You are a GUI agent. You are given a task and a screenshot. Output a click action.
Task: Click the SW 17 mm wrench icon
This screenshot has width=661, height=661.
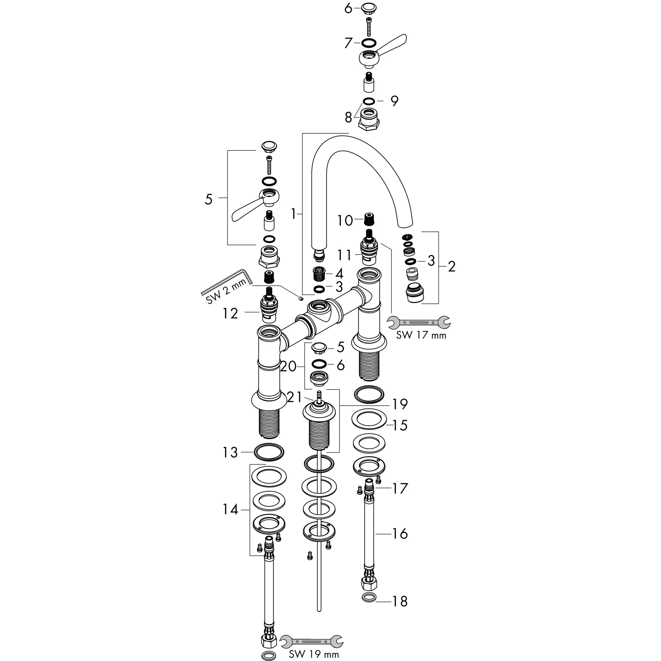[x=419, y=322]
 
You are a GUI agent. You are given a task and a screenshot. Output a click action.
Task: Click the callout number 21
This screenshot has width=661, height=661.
[x=295, y=397]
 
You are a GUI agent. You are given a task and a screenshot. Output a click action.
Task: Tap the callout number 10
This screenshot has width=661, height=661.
[x=345, y=220]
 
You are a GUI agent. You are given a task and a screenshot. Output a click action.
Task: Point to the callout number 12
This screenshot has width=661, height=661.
[x=230, y=313]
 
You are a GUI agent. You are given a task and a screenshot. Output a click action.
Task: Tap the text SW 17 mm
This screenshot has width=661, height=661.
[x=421, y=335]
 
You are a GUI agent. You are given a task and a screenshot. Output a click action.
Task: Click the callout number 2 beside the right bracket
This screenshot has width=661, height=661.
[x=452, y=267]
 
